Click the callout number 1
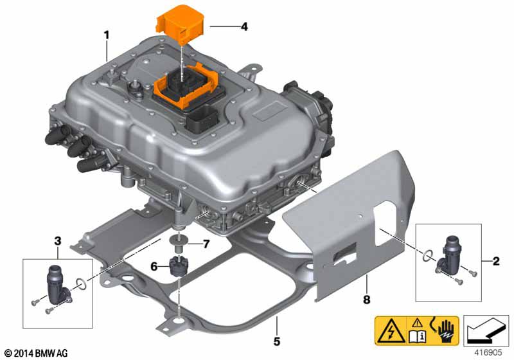[x=106, y=35]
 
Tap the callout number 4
[x=244, y=26]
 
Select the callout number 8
[x=366, y=300]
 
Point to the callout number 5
[x=277, y=341]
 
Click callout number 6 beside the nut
[x=154, y=267]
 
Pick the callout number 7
[x=206, y=244]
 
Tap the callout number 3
[x=58, y=241]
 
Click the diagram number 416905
[x=488, y=352]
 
